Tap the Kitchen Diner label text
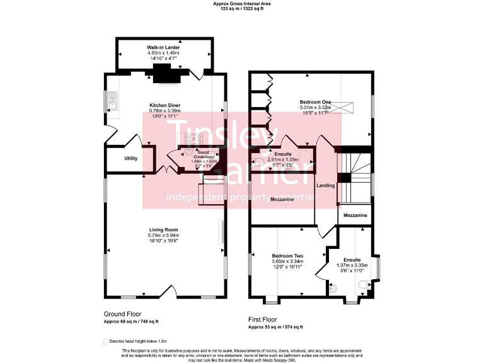pyautogui.click(x=164, y=105)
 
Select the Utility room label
pyautogui.click(x=130, y=159)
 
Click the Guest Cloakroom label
pyautogui.click(x=204, y=154)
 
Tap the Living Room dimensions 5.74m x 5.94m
pyautogui.click(x=164, y=236)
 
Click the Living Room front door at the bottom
pyautogui.click(x=168, y=291)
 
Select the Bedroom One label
pyautogui.click(x=315, y=101)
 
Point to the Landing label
pyautogui.click(x=326, y=186)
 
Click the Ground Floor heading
pyautogui.click(x=122, y=313)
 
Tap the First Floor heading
pyautogui.click(x=262, y=320)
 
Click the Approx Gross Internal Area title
pyautogui.click(x=243, y=4)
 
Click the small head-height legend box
pyautogui.click(x=105, y=341)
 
